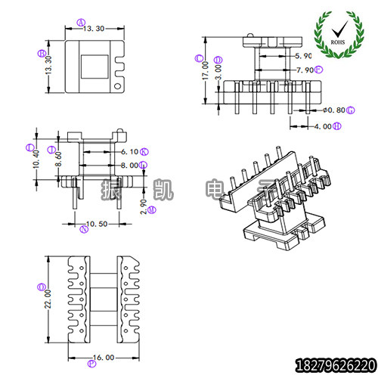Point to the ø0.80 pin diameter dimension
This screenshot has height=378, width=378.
(333, 110)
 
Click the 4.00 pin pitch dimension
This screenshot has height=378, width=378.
(321, 127)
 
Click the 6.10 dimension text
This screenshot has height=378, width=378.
(129, 151)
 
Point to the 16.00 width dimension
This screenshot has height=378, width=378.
(103, 357)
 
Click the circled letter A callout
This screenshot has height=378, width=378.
(81, 22)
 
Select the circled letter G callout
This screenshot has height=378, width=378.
(351, 110)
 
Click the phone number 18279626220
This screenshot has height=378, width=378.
(334, 364)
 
